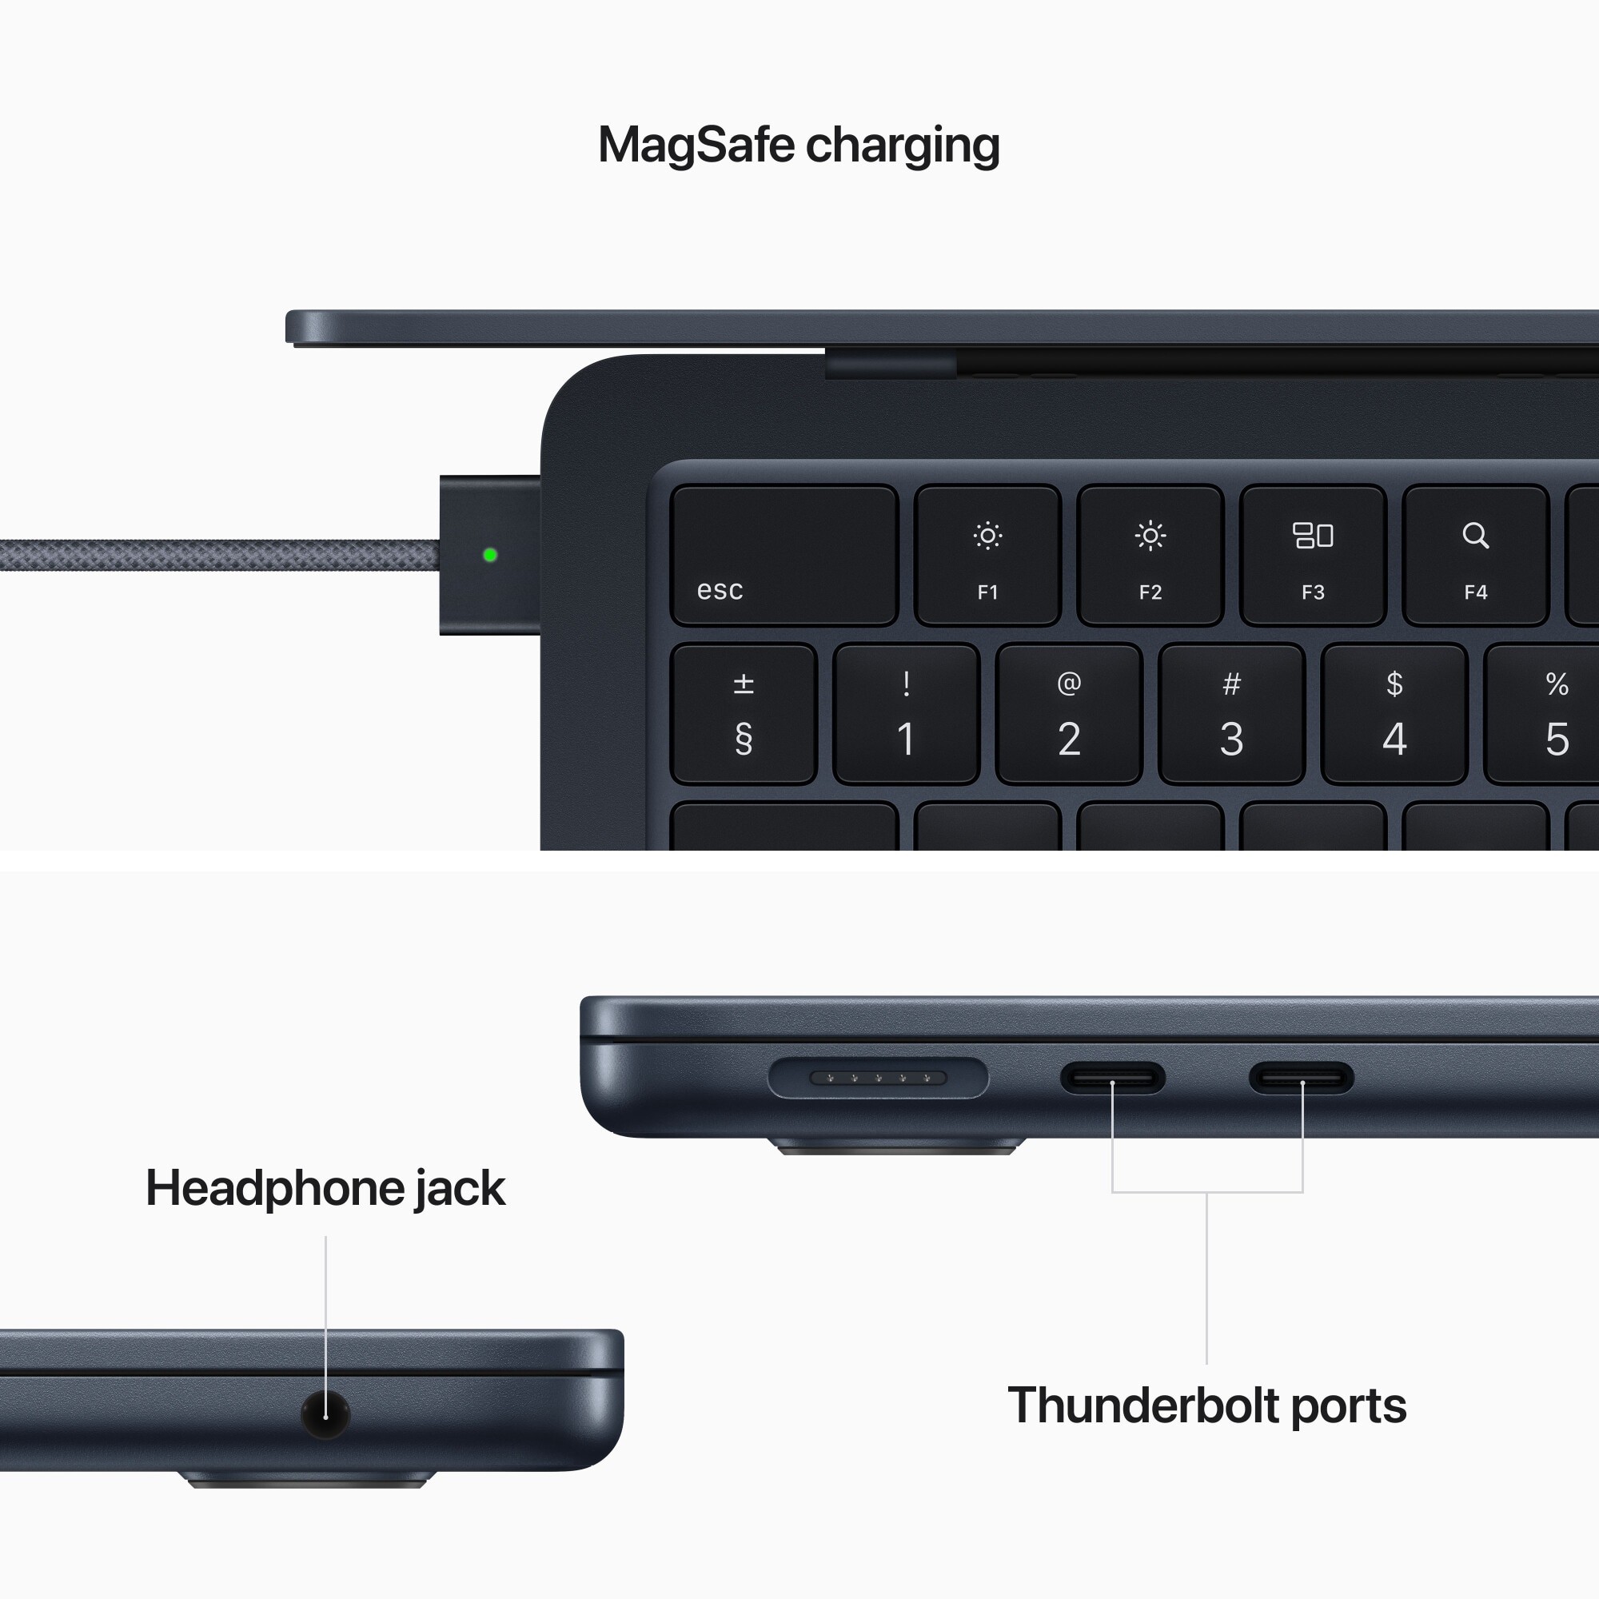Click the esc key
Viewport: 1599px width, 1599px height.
[784, 555]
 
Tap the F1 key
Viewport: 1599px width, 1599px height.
[987, 555]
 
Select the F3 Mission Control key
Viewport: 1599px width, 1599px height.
[1313, 555]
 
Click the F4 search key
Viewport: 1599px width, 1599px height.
[1475, 555]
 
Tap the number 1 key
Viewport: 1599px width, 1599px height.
[907, 714]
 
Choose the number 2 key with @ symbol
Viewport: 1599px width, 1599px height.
[1068, 714]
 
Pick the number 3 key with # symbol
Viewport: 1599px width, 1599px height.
[1231, 714]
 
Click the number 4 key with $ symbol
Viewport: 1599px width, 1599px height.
[1394, 714]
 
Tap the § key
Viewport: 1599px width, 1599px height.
[744, 714]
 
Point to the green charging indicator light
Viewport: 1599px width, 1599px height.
[490, 555]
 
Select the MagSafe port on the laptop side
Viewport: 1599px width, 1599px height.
[878, 1078]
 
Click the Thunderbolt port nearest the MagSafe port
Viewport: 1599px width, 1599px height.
[1112, 1078]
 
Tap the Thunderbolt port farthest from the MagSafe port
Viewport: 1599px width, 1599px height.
[1301, 1078]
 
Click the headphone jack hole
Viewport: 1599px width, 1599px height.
[325, 1414]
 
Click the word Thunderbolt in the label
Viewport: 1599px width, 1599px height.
[1143, 1406]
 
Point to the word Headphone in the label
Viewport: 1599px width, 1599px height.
[274, 1189]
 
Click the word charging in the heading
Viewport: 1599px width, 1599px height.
[902, 146]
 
